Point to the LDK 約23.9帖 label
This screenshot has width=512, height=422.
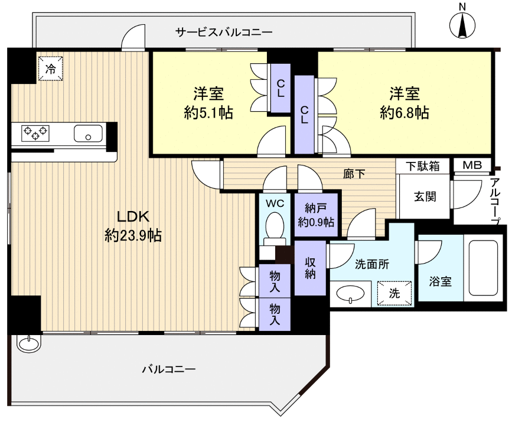tap(133, 226)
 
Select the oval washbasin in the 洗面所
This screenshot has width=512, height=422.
tap(350, 293)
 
